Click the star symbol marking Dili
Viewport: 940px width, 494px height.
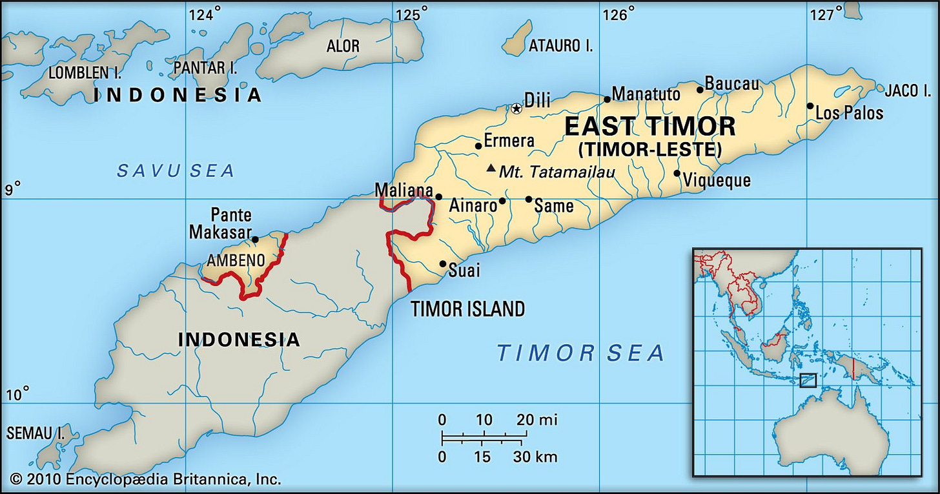click(516, 108)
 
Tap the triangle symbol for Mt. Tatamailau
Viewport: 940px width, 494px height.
click(491, 169)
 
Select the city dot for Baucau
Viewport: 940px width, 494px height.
click(700, 90)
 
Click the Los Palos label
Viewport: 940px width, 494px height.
click(849, 113)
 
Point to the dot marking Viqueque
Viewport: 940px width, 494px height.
click(677, 173)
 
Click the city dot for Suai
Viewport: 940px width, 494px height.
click(443, 263)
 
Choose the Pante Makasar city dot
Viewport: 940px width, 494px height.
click(255, 240)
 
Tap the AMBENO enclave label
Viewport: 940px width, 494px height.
click(236, 261)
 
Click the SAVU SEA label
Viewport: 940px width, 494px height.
click(176, 170)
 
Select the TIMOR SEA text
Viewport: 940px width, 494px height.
click(580, 353)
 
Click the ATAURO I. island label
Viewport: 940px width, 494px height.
click(560, 45)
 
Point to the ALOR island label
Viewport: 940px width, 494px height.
click(343, 46)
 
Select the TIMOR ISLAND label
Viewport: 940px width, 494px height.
click(468, 309)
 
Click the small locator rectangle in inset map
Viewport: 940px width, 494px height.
click(808, 380)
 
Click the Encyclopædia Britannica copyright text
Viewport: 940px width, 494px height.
click(145, 479)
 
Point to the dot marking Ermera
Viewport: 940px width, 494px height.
click(478, 146)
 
